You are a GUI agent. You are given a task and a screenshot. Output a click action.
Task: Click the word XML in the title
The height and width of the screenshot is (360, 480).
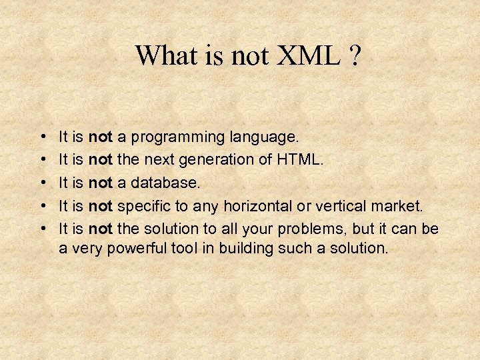point(304,56)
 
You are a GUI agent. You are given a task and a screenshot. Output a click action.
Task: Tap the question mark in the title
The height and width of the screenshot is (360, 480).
point(353,56)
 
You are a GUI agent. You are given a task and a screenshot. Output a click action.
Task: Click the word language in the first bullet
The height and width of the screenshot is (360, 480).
point(264,138)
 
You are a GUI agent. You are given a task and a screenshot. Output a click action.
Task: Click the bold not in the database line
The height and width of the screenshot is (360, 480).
point(100,183)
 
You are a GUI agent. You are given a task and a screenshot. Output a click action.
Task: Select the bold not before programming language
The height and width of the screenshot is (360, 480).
point(100,137)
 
